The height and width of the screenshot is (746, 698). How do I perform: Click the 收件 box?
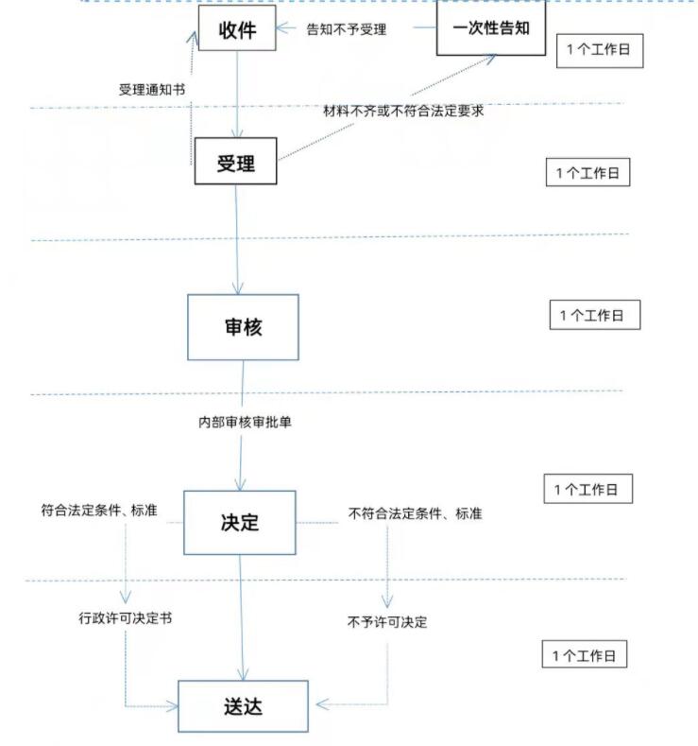pos(237,28)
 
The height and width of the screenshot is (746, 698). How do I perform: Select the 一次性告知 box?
pos(491,27)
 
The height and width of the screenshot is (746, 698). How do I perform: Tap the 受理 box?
pos(235,162)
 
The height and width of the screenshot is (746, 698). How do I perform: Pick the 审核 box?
pos(243,326)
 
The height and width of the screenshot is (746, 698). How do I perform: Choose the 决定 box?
pos(239,522)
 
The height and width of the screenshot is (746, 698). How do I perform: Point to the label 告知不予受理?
pos(347,29)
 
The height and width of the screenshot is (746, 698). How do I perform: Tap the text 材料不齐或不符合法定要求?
pos(403,111)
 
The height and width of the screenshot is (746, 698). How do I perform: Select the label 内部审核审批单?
pos(244,423)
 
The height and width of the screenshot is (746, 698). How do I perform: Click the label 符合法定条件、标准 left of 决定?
pos(99,511)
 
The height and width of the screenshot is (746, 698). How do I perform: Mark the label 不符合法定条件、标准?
pos(416,513)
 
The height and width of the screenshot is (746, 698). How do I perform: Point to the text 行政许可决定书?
pos(125,619)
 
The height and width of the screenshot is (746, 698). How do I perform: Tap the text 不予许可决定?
pos(387,622)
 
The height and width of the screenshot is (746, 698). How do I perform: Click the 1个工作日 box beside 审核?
pos(594,315)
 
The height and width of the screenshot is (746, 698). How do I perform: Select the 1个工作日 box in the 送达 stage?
pos(587,654)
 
